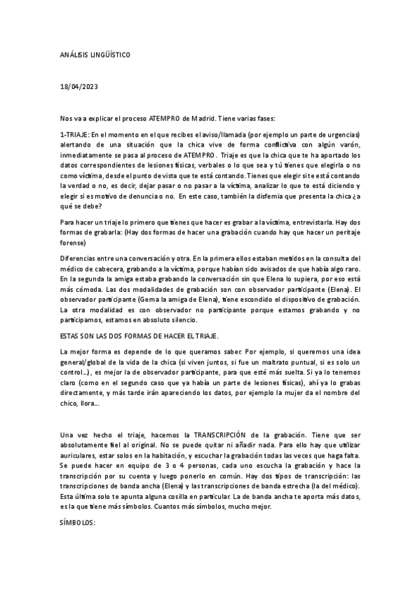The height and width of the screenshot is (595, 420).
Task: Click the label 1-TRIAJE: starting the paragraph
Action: (77, 134)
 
